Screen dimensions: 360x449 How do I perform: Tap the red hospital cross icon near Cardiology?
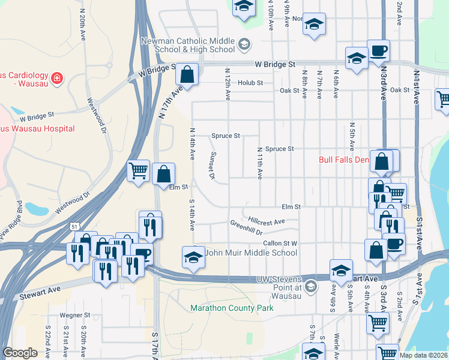point(57,77)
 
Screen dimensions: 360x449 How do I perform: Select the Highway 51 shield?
point(73,226)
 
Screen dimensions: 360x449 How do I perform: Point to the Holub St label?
point(250,83)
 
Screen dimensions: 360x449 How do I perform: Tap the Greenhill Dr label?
point(246,227)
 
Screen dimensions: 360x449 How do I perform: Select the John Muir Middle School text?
point(251,253)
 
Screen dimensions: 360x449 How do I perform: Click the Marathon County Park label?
point(232,308)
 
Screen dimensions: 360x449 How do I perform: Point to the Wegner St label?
point(75,314)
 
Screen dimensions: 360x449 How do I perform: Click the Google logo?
point(20,353)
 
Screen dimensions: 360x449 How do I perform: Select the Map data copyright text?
point(424,355)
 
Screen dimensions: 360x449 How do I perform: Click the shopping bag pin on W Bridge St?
point(187,75)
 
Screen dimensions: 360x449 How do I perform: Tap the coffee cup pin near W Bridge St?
point(378,51)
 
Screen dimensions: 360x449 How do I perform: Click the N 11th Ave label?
point(259,163)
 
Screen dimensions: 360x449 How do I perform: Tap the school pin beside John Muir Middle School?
point(193,257)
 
